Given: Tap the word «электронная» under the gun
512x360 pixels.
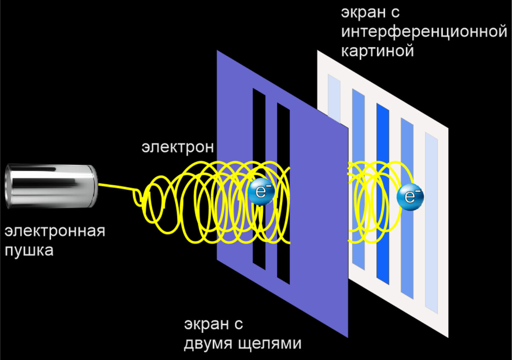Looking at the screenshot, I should pos(55,233).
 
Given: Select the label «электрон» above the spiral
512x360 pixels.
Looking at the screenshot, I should pos(177,147).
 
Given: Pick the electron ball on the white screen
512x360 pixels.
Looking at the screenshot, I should pos(410,196).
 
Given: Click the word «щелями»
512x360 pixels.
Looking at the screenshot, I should pos(270,343).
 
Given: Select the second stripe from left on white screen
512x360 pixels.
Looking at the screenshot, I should pos(358,128).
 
